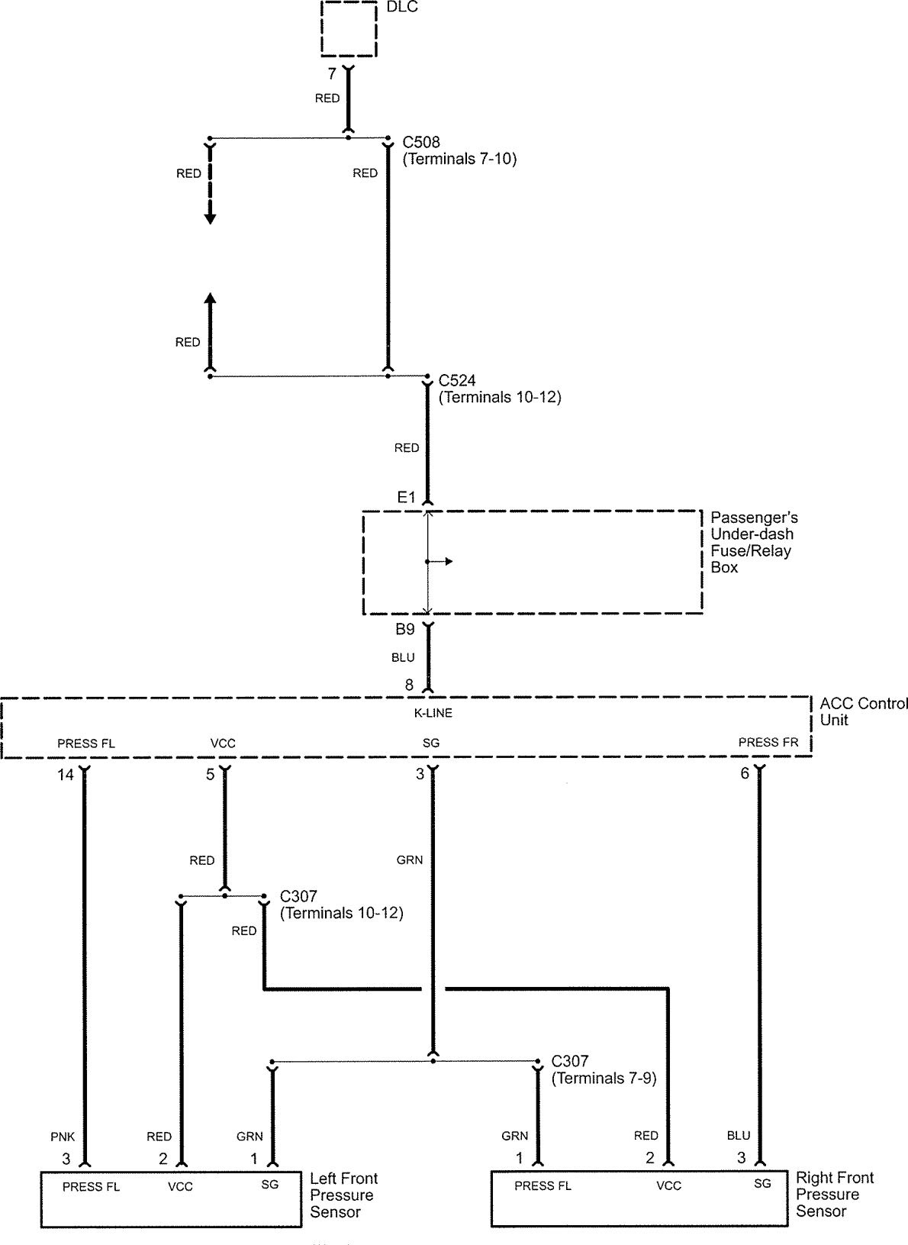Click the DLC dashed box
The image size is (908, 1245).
[349, 30]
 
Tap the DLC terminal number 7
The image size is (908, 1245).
[331, 74]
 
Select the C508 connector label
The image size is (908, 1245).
[421, 143]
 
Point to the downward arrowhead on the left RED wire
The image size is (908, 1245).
[210, 219]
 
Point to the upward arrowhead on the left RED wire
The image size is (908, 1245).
[210, 298]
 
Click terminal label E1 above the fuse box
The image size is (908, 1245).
[406, 498]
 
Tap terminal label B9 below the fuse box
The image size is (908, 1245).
[404, 630]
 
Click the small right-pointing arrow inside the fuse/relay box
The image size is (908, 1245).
[448, 562]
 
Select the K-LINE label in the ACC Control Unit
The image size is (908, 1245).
[432, 713]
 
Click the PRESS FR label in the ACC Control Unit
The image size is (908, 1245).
[768, 742]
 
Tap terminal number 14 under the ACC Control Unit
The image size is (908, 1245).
[66, 775]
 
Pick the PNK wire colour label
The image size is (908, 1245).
[63, 1137]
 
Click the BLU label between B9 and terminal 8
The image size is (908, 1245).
[403, 657]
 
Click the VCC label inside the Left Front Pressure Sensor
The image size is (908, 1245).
[180, 1187]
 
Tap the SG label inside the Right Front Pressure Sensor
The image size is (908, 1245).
[762, 1184]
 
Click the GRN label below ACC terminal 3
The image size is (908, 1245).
[410, 860]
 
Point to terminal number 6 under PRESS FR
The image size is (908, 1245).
[745, 773]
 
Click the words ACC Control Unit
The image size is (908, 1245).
[863, 711]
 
